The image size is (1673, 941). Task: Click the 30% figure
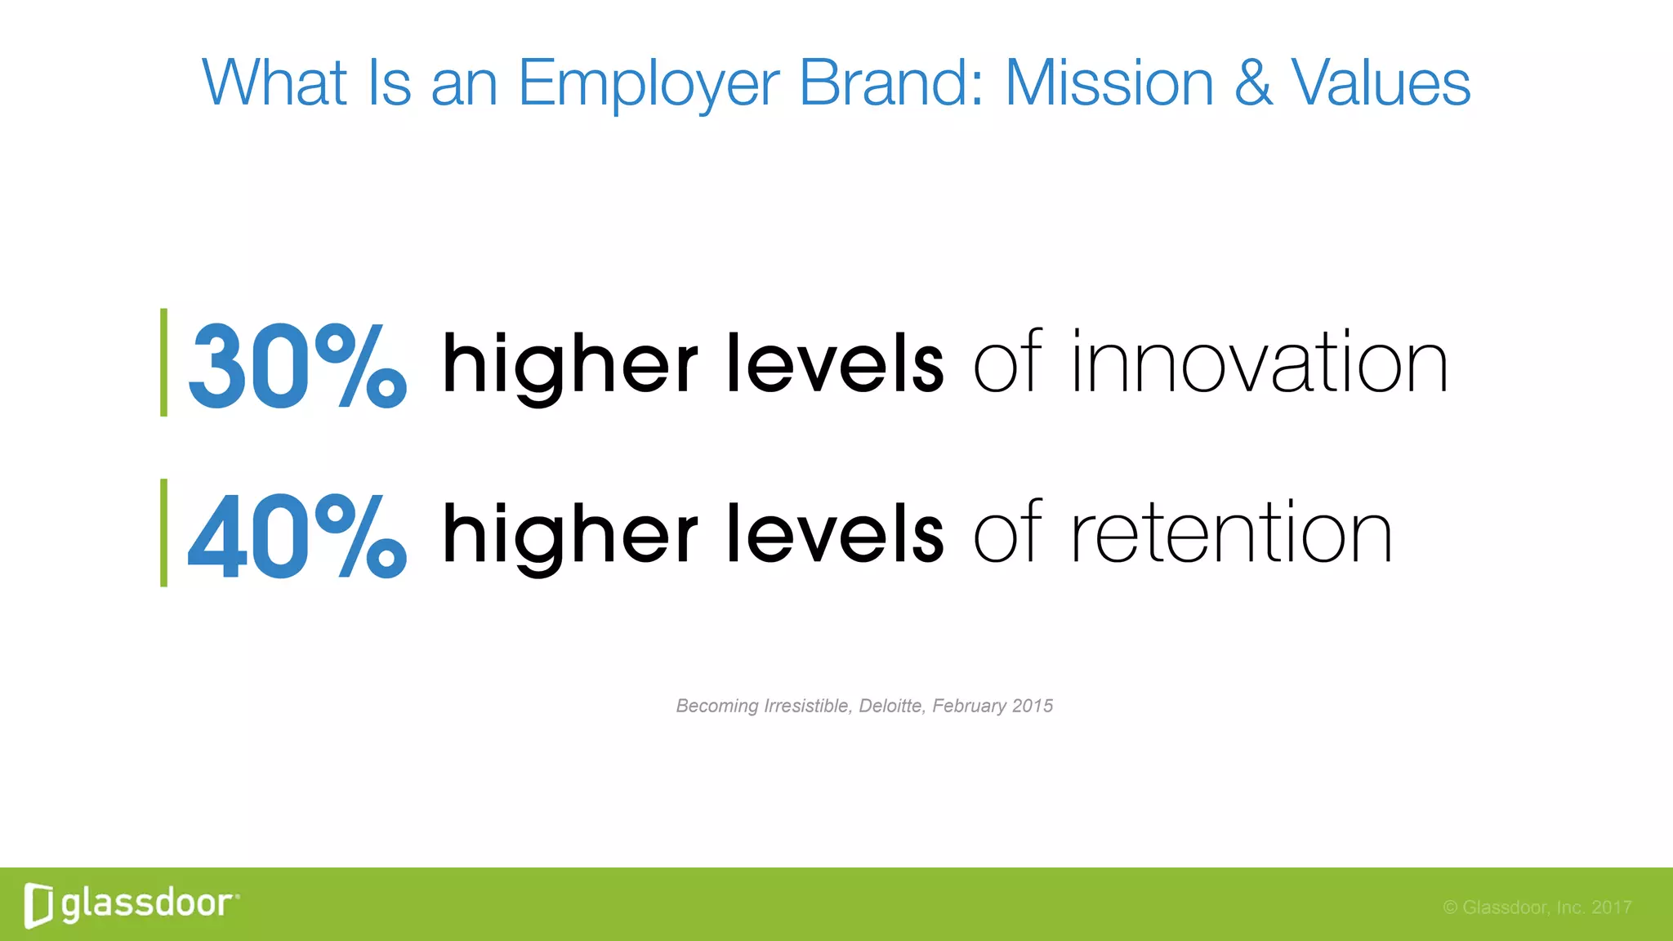[x=297, y=366]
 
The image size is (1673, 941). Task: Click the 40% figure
[x=297, y=537]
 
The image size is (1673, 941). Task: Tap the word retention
[x=1231, y=533]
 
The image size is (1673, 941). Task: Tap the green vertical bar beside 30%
[x=164, y=363]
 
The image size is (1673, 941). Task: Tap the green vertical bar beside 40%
[x=164, y=533]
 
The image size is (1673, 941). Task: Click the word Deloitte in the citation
[x=891, y=706]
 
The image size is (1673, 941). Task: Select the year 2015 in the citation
[x=1032, y=706]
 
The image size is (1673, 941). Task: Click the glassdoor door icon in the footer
[x=38, y=905]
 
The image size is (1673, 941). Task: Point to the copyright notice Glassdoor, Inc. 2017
[x=1537, y=908]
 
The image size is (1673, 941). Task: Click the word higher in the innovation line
[x=569, y=366]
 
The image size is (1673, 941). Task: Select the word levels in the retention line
[x=835, y=533]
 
